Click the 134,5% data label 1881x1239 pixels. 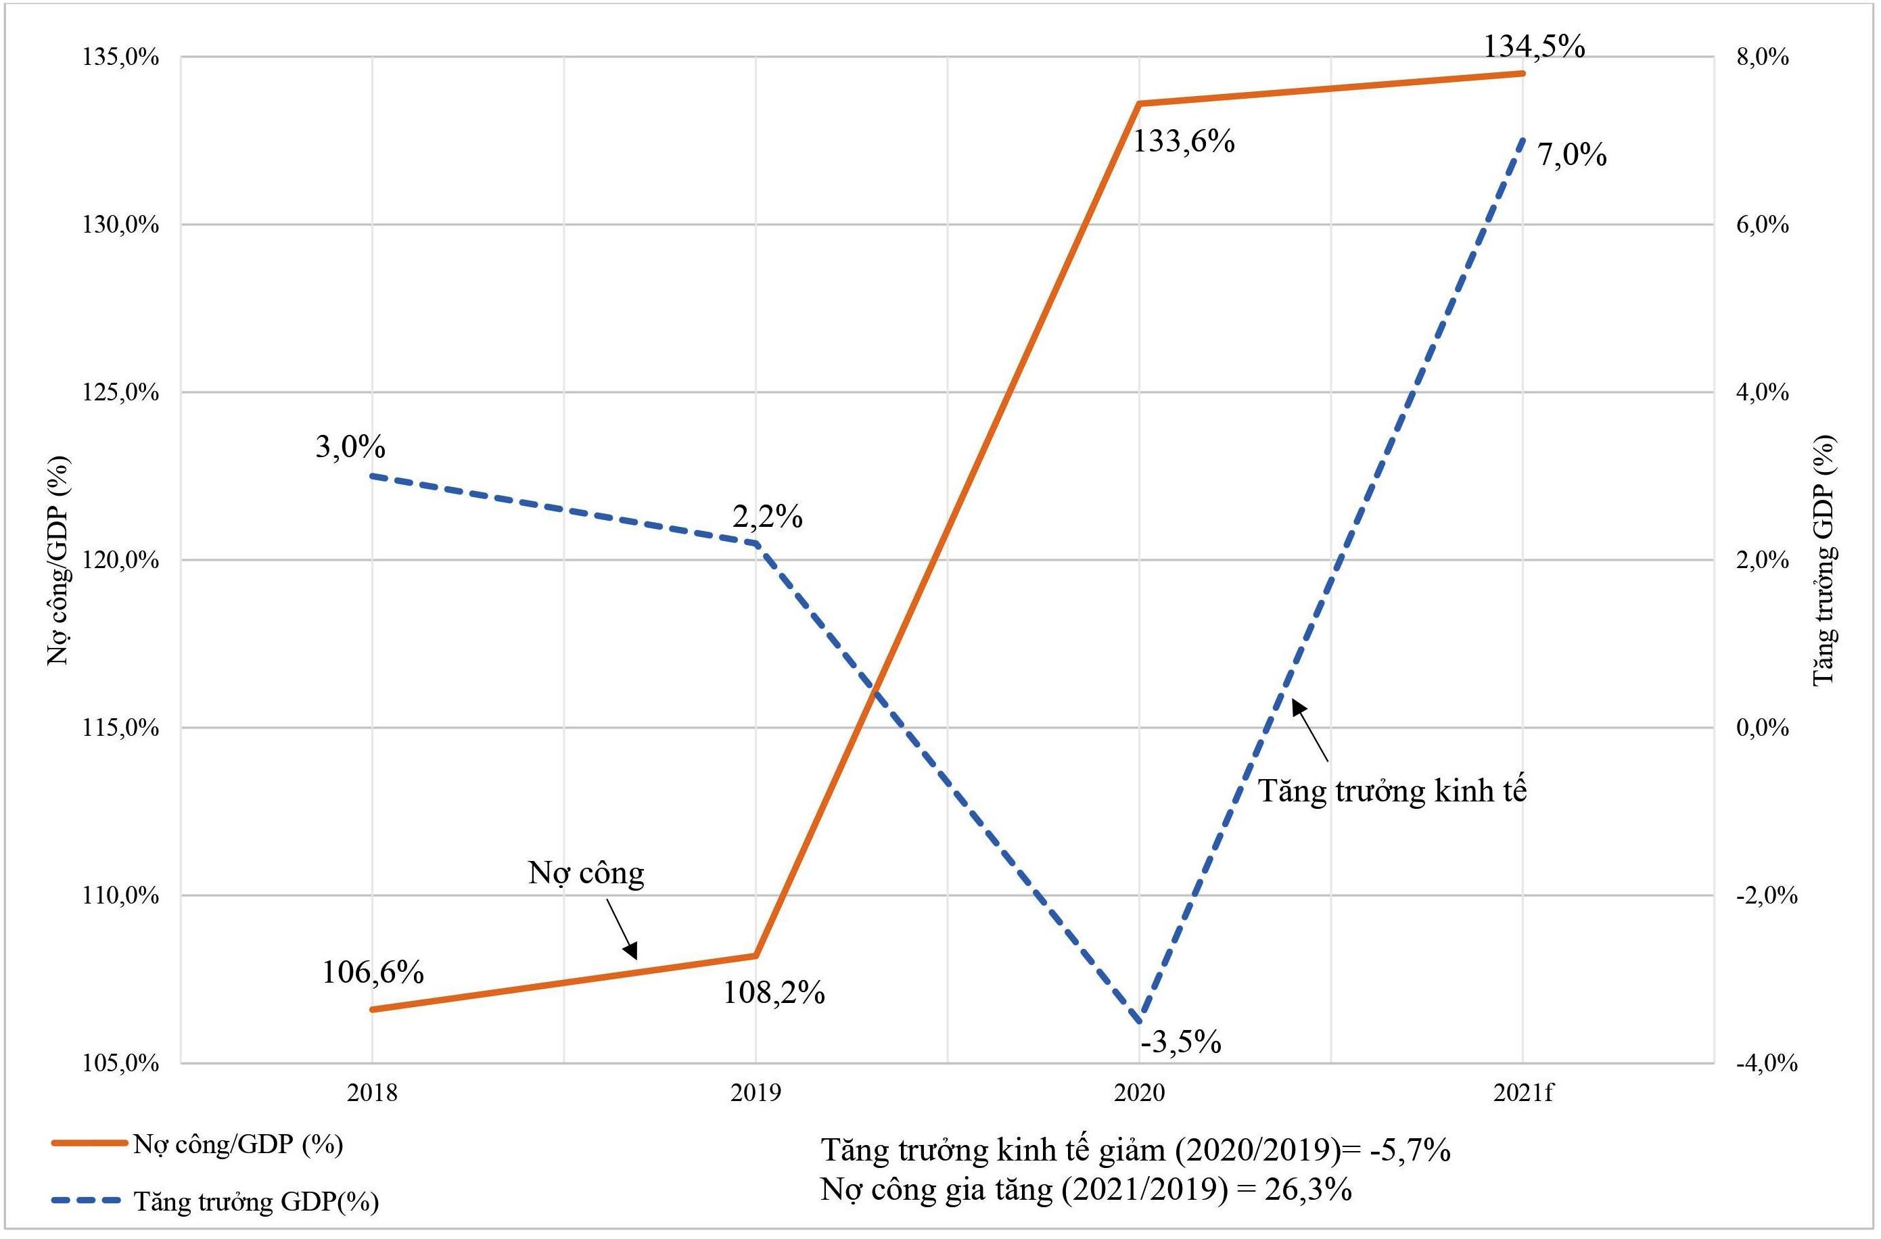[1533, 47]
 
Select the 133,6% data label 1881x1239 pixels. [1183, 142]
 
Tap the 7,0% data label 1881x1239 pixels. [1571, 155]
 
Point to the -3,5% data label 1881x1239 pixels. [1181, 1042]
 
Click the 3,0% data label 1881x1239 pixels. [350, 447]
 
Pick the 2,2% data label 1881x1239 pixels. [766, 517]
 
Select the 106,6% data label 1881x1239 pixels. [372, 973]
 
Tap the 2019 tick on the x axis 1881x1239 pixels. [756, 1093]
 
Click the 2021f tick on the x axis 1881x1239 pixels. [1523, 1093]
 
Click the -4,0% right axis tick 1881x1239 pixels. [1765, 1064]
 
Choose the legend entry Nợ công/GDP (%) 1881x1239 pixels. [237, 1144]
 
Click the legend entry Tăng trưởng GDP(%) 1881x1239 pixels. [255, 1202]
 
